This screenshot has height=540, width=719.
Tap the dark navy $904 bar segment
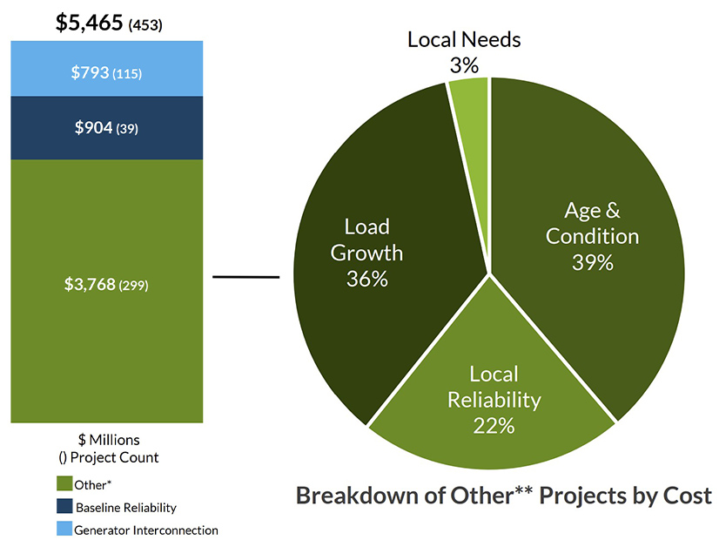coord(106,128)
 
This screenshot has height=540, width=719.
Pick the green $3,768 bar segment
coord(106,348)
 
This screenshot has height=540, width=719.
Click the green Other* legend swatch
coord(64,483)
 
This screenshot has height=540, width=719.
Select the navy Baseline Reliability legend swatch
coord(64,506)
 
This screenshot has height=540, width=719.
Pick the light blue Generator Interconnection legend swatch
coord(64,529)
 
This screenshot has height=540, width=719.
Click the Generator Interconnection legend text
coord(147,530)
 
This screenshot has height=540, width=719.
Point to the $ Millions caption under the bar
coord(108,440)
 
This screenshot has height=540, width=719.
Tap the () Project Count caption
coord(108,457)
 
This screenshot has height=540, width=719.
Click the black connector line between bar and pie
coord(245,278)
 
